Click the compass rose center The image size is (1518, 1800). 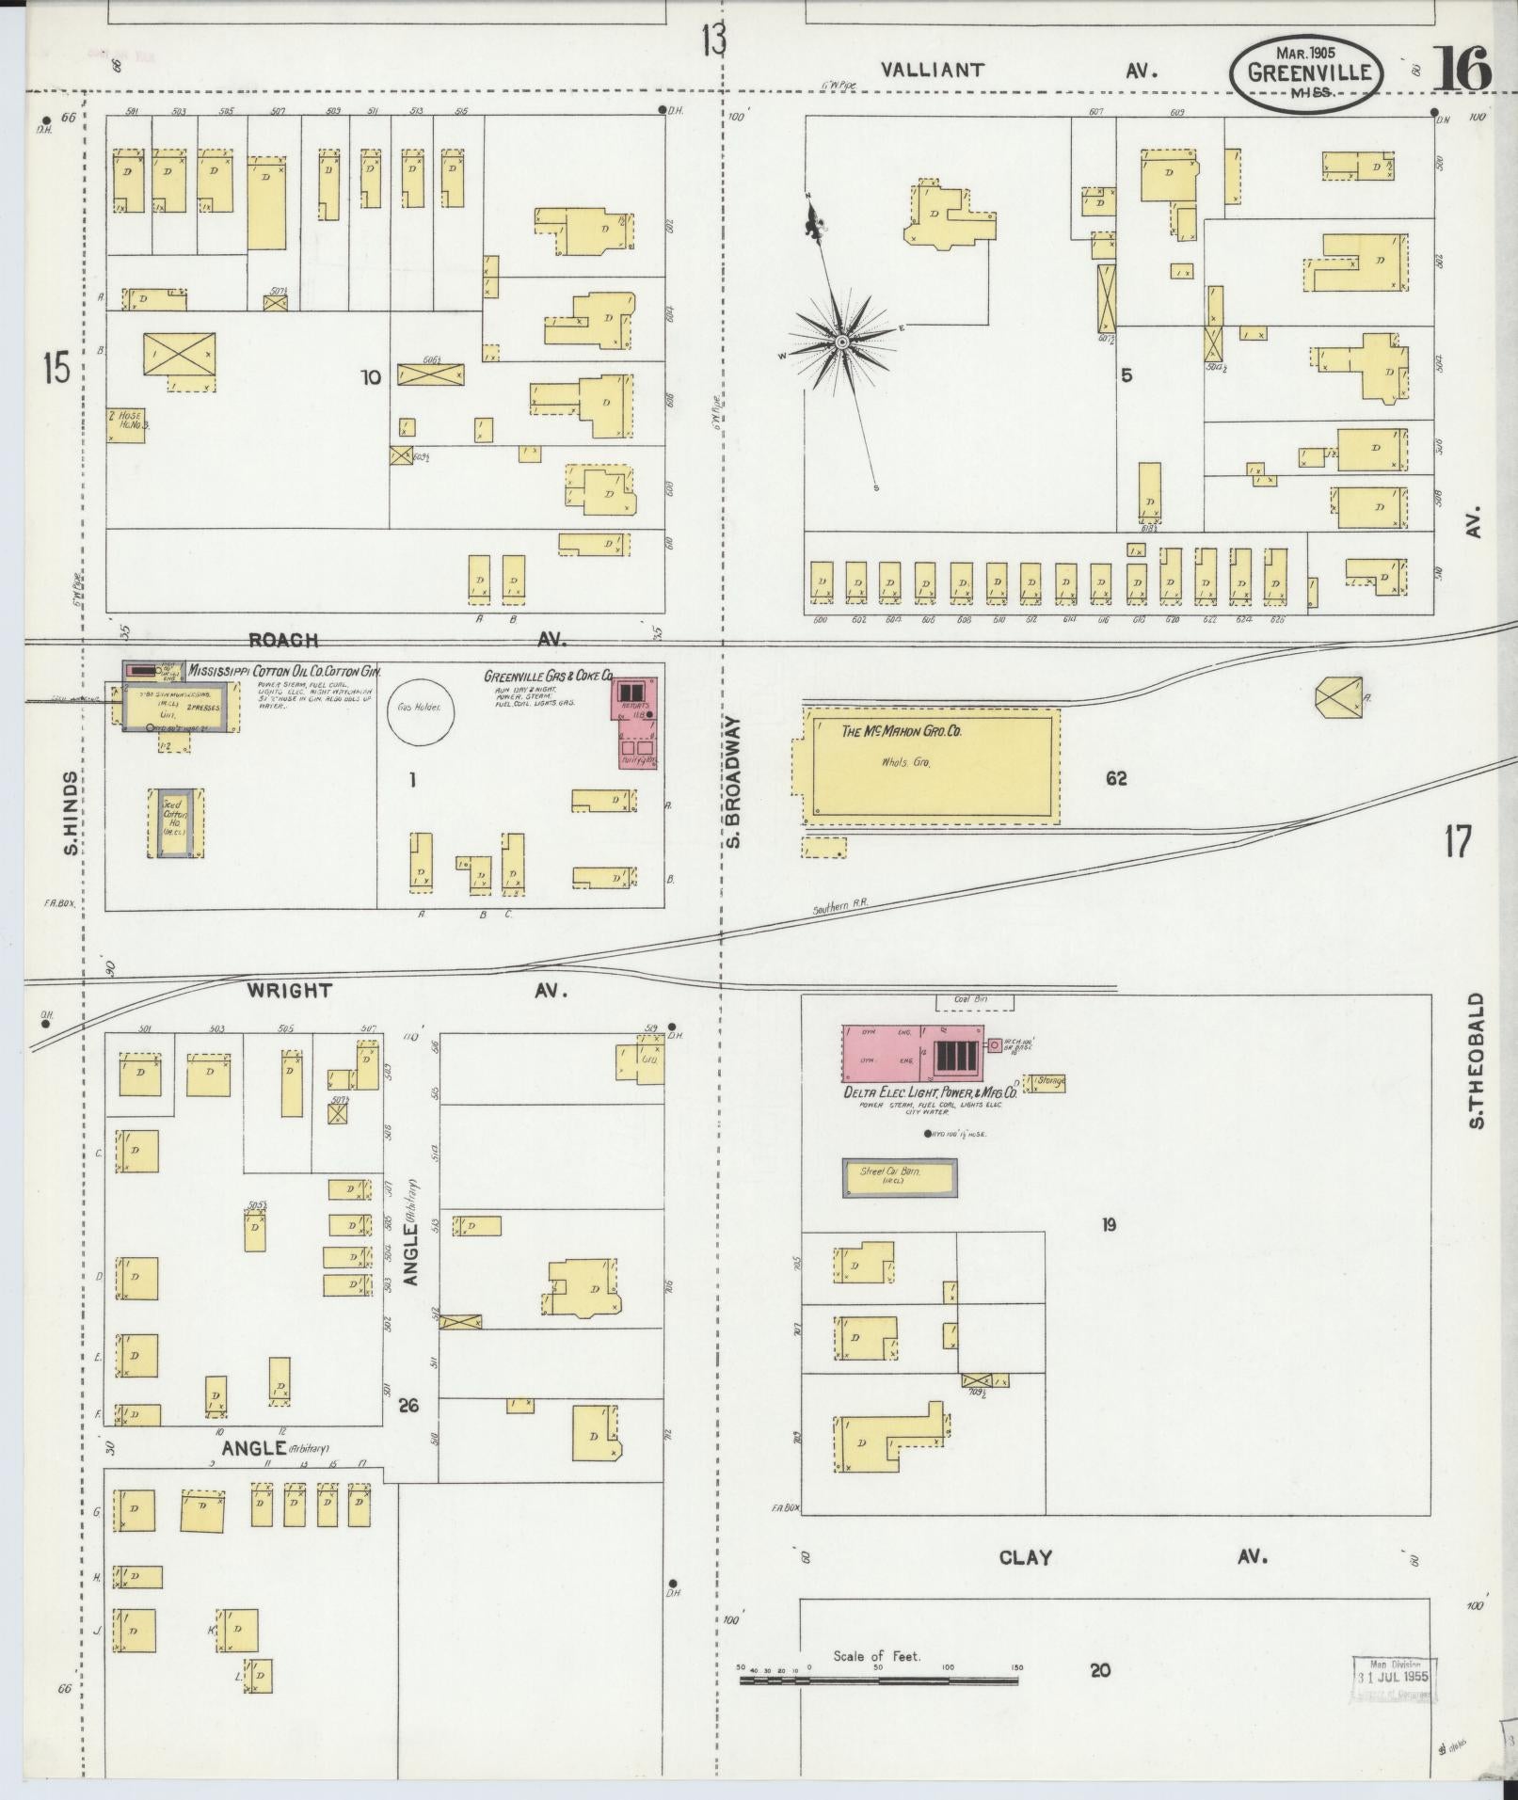tap(842, 341)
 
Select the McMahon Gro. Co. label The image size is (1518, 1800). tap(887, 731)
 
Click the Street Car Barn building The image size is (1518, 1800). tap(900, 1177)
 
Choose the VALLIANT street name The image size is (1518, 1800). tap(933, 70)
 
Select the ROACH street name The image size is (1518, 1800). tap(282, 640)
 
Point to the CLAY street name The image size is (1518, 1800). tap(1025, 1557)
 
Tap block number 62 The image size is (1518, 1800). tap(1116, 778)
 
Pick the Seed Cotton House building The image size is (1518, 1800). tap(175, 822)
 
